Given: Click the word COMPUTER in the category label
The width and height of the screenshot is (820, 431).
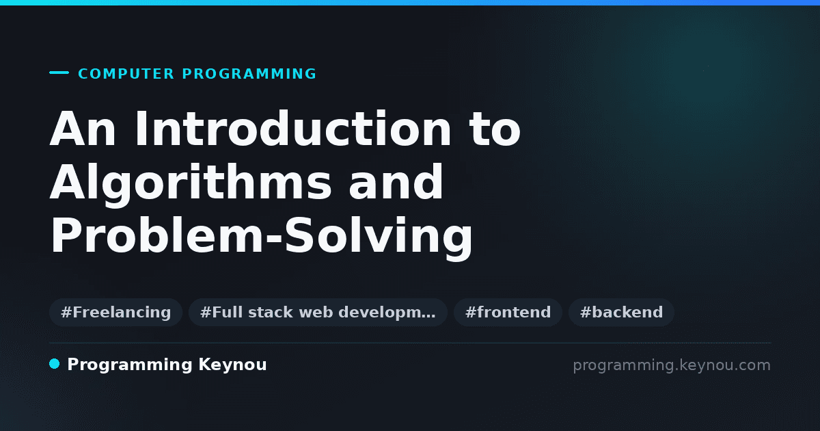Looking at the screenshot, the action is click(126, 74).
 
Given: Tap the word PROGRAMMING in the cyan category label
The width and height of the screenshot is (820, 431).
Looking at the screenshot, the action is click(249, 74).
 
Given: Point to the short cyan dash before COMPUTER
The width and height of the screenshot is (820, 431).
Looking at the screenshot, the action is click(59, 73).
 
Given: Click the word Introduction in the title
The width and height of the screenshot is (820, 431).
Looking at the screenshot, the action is click(293, 129).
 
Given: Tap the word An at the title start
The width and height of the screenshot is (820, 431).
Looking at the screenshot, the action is click(83, 129).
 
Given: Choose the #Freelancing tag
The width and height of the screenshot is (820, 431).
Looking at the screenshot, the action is click(115, 312).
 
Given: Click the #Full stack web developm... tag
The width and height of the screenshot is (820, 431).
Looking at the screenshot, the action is click(318, 312).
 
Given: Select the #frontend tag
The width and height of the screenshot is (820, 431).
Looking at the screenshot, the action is click(508, 312).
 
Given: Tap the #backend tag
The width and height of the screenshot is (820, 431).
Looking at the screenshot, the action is click(621, 312).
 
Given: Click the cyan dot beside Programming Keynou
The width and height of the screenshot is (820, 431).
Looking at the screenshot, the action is click(55, 364).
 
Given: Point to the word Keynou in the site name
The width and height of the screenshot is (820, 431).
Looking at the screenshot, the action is click(232, 365).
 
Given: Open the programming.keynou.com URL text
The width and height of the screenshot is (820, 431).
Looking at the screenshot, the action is click(672, 365).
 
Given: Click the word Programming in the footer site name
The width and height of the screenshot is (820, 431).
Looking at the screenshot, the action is click(130, 365).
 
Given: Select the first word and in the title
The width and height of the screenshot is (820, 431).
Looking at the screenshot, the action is click(396, 183).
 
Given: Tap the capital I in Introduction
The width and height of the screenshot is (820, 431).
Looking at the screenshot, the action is click(141, 129).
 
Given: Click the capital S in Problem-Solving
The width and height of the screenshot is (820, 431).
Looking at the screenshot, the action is click(299, 235).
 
